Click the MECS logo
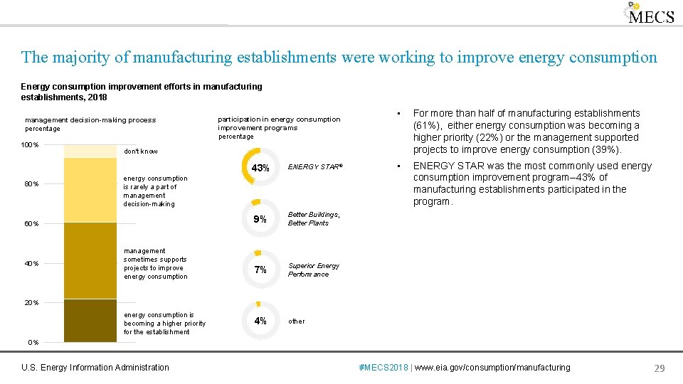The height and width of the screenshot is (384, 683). click(649, 14)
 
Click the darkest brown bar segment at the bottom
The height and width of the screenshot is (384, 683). click(90, 321)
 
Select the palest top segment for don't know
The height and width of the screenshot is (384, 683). click(90, 151)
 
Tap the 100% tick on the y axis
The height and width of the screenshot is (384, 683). click(30, 145)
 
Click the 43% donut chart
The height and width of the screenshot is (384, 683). click(260, 169)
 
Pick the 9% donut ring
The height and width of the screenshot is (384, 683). click(260, 219)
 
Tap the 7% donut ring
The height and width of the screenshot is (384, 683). click(260, 270)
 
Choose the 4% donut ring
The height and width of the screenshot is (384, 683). click(260, 321)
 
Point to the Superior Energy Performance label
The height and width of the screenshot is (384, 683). click(313, 270)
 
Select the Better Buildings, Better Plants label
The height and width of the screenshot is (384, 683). click(314, 219)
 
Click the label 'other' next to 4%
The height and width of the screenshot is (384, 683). click(296, 321)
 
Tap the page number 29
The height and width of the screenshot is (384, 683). click(659, 368)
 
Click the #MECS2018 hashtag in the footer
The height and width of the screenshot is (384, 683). click(384, 368)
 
